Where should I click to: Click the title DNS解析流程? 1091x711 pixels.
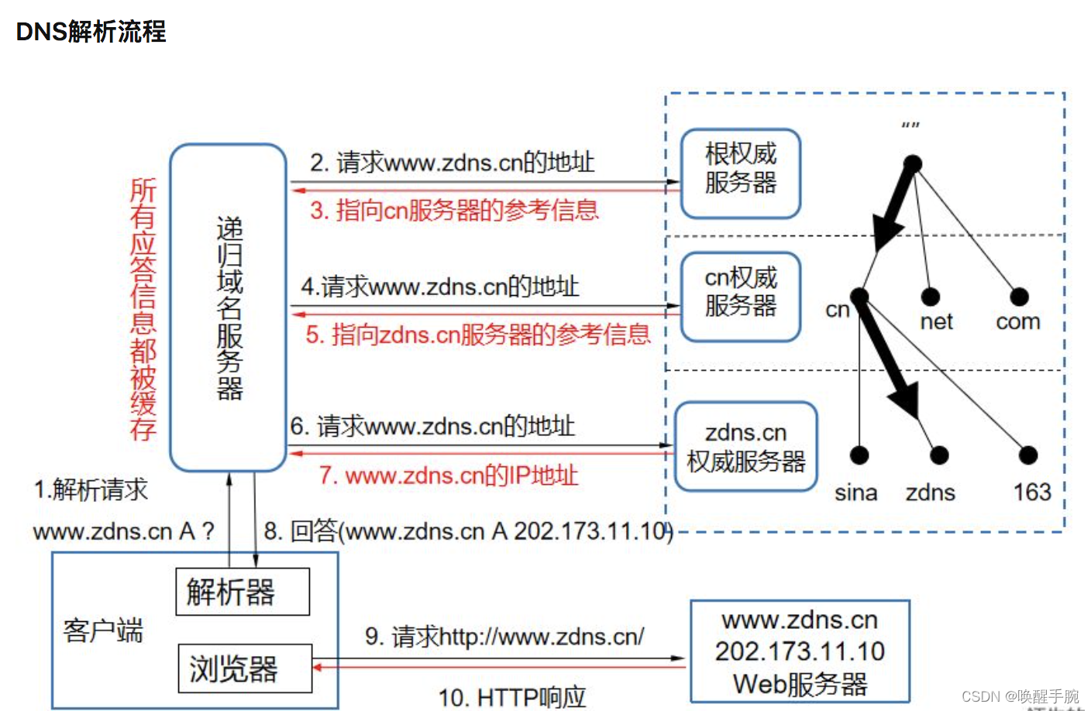click(91, 32)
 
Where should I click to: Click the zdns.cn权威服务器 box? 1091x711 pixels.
click(745, 447)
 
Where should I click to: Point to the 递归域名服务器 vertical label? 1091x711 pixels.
click(229, 307)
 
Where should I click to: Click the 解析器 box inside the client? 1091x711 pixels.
click(242, 592)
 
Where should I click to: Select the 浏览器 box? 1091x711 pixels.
click(245, 668)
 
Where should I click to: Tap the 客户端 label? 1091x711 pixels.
click(103, 630)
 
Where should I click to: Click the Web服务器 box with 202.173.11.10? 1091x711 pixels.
click(800, 651)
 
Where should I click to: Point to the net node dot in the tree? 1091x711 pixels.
click(930, 297)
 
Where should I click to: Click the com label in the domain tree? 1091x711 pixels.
click(1017, 321)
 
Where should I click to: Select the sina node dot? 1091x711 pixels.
click(859, 455)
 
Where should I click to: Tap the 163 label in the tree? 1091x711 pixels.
click(1031, 492)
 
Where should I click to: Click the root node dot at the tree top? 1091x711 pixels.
click(913, 164)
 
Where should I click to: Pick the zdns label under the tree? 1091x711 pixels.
click(930, 493)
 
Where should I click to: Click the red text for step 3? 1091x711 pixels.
click(454, 210)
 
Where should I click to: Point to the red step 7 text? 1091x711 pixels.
click(449, 475)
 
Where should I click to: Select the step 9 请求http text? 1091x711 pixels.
click(504, 637)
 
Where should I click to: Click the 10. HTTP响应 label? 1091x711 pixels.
click(512, 697)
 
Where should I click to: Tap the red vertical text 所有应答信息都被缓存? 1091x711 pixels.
click(143, 309)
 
